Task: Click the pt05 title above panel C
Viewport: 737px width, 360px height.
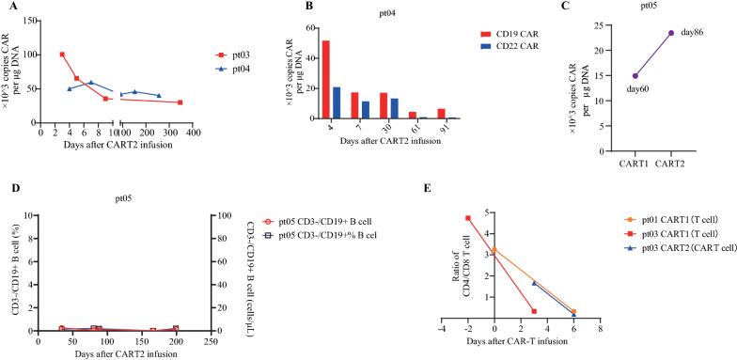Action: tap(651, 7)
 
